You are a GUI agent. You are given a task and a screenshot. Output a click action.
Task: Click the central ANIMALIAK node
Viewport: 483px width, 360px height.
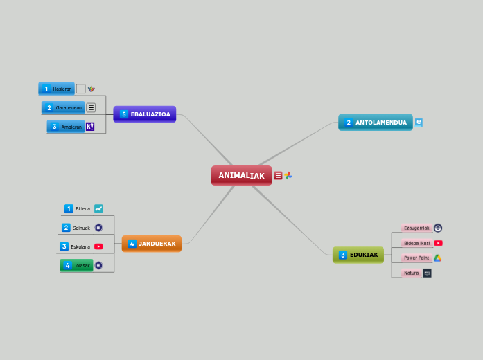[x=241, y=175]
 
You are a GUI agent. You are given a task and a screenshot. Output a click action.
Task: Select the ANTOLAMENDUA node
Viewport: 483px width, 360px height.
[x=375, y=123]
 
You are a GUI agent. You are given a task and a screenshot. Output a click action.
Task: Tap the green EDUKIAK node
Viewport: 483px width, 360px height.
[x=358, y=255]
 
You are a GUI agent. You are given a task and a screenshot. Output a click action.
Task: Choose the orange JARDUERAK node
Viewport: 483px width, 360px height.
[x=151, y=244]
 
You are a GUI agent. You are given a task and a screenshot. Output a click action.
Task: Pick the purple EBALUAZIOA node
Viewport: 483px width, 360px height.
[x=144, y=114]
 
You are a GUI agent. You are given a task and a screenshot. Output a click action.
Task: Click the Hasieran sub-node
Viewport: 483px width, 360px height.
[x=57, y=89]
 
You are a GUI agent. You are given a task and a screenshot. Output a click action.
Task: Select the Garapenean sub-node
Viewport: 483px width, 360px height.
[x=63, y=107]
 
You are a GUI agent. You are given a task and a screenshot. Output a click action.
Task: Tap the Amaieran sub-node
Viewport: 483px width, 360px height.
[x=66, y=127]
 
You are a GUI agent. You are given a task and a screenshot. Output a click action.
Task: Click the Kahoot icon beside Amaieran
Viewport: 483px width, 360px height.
[x=89, y=127]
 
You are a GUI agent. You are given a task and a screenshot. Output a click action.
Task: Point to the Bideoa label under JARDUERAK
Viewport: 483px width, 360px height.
[x=82, y=208]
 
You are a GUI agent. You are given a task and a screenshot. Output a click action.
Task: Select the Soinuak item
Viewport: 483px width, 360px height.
[x=81, y=228]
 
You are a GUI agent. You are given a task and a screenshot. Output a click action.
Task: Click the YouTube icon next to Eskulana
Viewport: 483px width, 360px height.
[x=98, y=246]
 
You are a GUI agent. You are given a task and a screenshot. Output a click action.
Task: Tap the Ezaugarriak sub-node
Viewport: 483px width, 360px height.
[x=416, y=228]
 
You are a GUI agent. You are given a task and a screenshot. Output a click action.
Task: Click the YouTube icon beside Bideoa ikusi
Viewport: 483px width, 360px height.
[x=438, y=243]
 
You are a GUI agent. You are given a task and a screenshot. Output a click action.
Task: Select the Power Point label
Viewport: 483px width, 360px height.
[x=416, y=258]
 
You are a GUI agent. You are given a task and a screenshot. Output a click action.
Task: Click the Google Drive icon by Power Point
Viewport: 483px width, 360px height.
[x=438, y=258]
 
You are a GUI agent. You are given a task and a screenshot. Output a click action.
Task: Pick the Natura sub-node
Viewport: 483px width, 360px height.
[x=412, y=273]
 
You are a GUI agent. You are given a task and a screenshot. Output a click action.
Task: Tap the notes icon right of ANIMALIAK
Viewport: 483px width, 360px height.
[x=278, y=176]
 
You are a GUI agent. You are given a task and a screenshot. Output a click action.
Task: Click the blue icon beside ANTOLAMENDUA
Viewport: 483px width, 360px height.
[x=419, y=123]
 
